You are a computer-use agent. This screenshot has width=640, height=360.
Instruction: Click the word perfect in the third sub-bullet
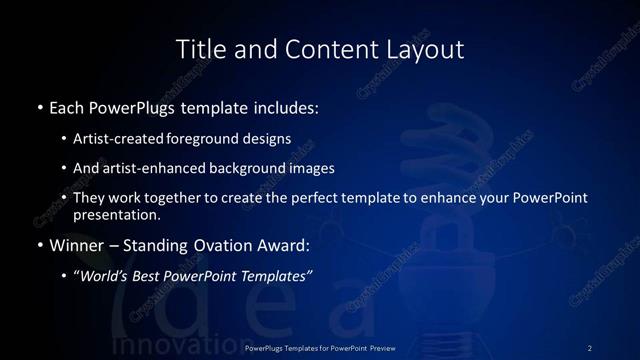pyautogui.click(x=296, y=198)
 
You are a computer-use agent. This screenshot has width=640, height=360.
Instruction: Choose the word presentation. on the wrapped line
pyautogui.click(x=116, y=214)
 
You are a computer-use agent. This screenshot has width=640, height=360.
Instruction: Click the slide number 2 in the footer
pyautogui.click(x=590, y=347)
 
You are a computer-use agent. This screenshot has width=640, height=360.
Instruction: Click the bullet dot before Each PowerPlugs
pyautogui.click(x=39, y=105)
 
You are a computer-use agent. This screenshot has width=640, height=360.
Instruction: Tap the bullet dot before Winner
pyautogui.click(x=39, y=245)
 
